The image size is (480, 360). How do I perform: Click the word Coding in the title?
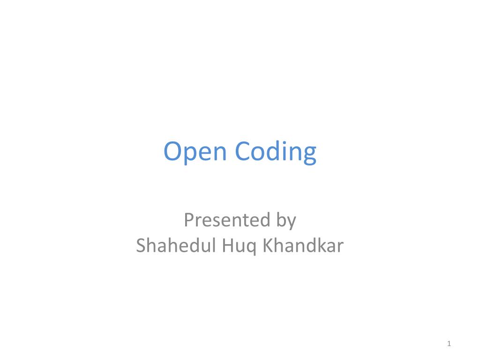click(276, 152)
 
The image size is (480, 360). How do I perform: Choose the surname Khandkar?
click(303, 246)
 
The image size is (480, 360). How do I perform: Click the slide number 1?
click(449, 345)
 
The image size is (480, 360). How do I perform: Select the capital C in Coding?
click(243, 152)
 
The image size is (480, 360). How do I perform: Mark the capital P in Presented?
click(188, 220)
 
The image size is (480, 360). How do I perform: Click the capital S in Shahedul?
click(141, 246)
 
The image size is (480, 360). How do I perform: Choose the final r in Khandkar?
click(341, 247)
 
